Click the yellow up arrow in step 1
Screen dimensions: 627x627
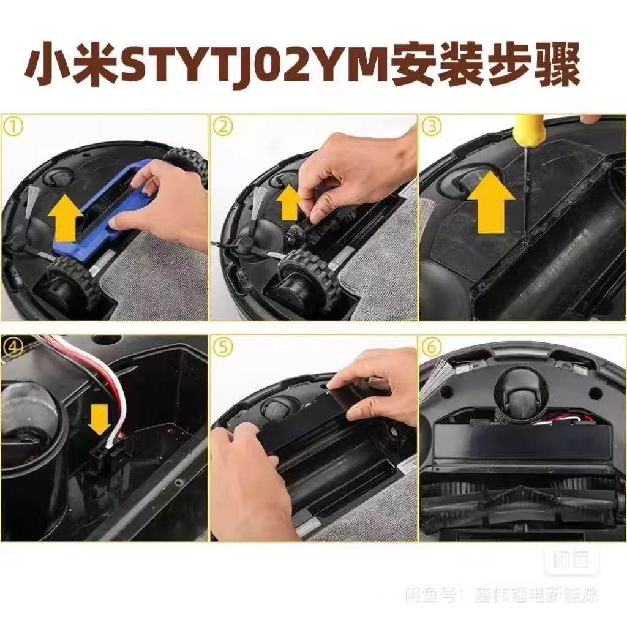66,219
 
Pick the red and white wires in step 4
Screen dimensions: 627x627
107,380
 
